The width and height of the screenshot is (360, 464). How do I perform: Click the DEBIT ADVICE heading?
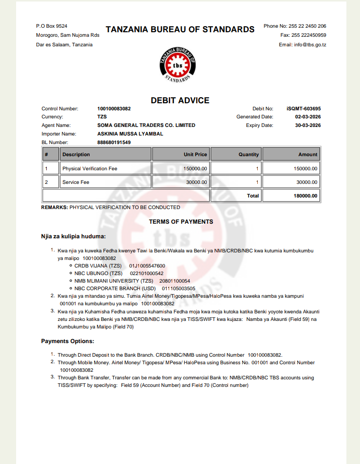(180, 100)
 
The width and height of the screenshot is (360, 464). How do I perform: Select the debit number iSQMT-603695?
(304, 108)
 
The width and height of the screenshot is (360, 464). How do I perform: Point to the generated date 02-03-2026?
(308, 117)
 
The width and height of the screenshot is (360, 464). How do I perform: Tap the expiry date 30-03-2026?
(308, 125)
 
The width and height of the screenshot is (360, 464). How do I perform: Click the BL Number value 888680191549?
(114, 143)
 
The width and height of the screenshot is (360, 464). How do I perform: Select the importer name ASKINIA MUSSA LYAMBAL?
(130, 134)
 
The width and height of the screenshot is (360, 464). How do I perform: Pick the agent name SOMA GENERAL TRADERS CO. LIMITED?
(146, 125)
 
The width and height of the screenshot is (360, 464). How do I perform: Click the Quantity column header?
(248, 155)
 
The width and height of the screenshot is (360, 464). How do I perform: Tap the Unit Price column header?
(195, 155)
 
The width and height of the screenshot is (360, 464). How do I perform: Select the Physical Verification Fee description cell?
(90, 168)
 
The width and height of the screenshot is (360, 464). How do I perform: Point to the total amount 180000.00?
(305, 195)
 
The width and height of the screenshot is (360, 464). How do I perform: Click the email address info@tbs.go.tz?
(303, 44)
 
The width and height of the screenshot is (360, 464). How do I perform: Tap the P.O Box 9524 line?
(52, 26)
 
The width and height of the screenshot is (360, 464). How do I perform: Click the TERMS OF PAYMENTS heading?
(181, 222)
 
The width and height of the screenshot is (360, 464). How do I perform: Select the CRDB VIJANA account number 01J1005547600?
(147, 266)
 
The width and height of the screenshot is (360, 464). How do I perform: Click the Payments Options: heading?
(67, 341)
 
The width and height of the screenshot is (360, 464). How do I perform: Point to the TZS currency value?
(102, 117)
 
